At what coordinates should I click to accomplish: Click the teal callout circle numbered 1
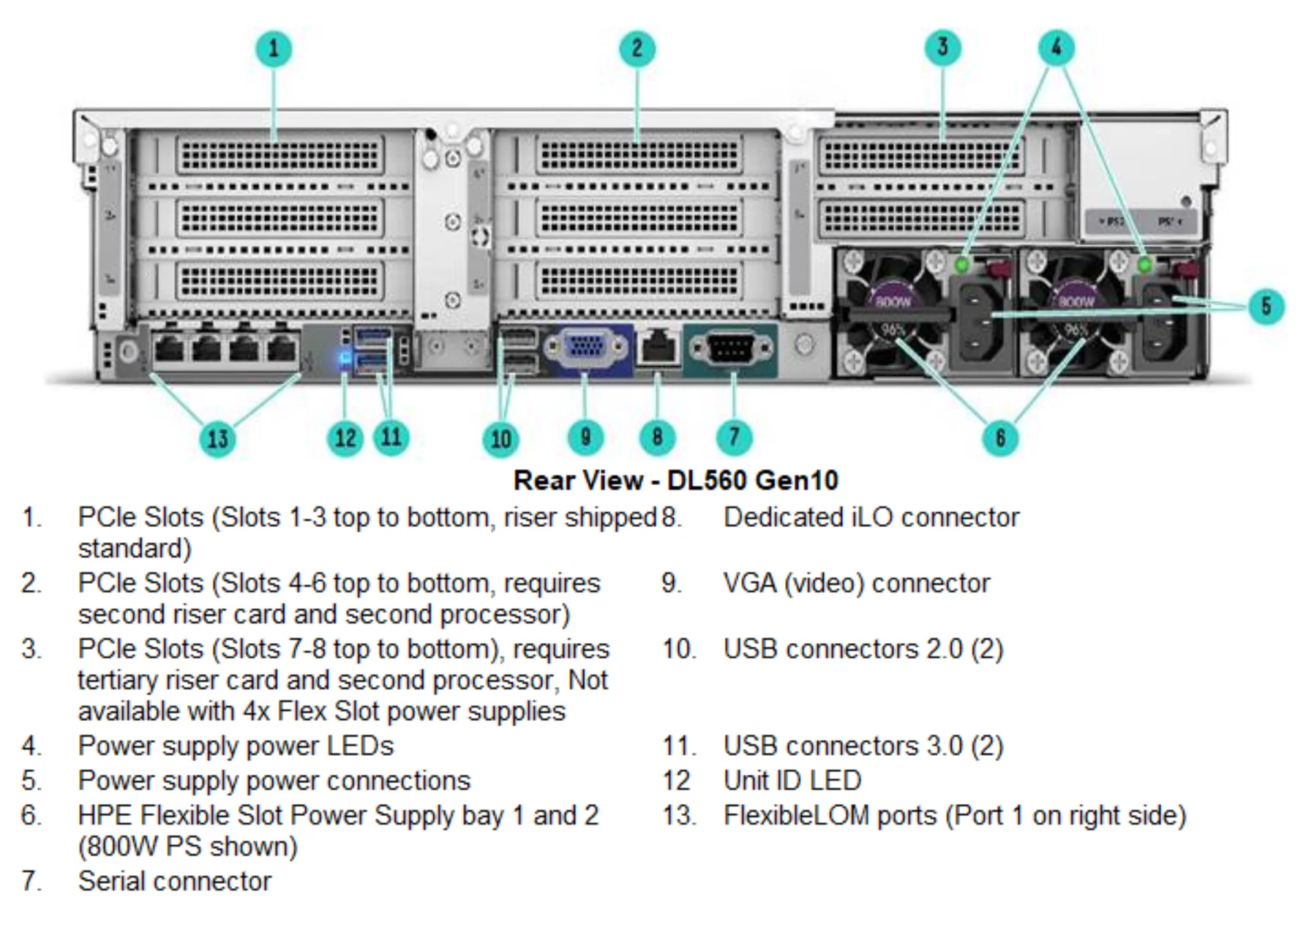[274, 49]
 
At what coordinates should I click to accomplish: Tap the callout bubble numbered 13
[218, 439]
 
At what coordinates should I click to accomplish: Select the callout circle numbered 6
[1000, 438]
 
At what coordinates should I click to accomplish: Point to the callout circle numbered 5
[1266, 306]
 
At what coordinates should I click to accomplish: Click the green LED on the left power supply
[963, 263]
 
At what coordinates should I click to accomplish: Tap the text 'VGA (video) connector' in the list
[856, 583]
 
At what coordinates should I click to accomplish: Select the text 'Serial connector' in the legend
[175, 881]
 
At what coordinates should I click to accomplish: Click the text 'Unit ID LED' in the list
[792, 781]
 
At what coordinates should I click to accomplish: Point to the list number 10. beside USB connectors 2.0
[680, 649]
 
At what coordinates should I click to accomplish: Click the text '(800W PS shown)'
[188, 847]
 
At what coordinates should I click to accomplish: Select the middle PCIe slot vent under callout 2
[639, 218]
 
